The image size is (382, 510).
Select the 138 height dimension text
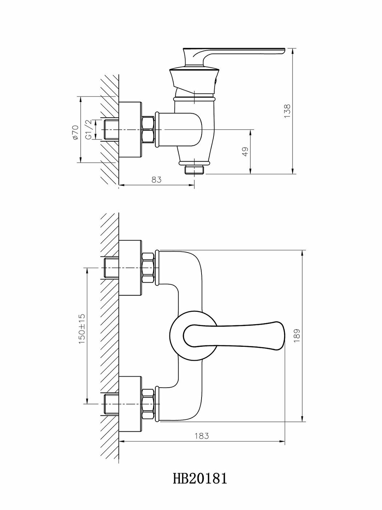point(287,111)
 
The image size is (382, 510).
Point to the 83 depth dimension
point(156,180)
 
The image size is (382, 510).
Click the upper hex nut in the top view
point(148,268)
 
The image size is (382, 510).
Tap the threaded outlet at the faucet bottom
point(195,170)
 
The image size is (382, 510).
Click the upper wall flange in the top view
point(130,268)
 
